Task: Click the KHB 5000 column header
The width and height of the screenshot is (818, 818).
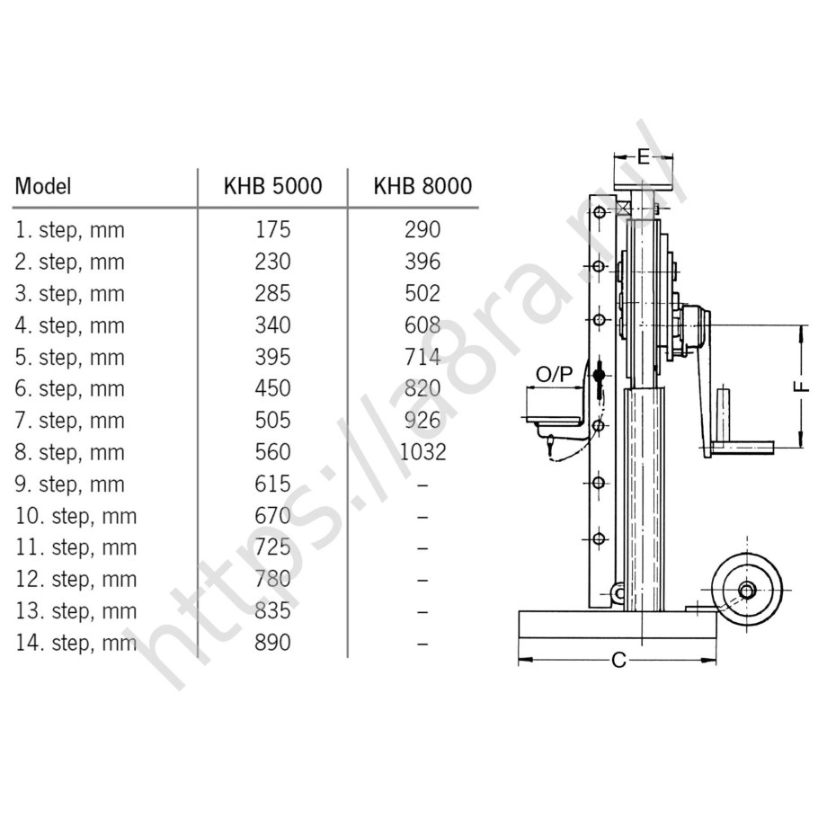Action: (x=273, y=186)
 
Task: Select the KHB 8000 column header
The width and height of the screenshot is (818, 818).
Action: (x=422, y=186)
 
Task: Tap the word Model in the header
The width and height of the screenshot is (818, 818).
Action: (x=43, y=186)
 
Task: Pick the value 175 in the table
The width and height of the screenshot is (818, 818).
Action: (x=272, y=230)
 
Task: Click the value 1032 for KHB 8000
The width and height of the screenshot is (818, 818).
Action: (x=422, y=452)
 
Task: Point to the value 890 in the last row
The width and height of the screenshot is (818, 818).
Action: (x=272, y=643)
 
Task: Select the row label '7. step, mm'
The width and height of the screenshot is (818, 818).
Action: (x=70, y=421)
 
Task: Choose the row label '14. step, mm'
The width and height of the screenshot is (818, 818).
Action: (x=76, y=643)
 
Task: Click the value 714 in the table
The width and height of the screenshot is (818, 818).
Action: (x=422, y=358)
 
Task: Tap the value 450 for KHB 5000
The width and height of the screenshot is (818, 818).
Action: (x=272, y=388)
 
